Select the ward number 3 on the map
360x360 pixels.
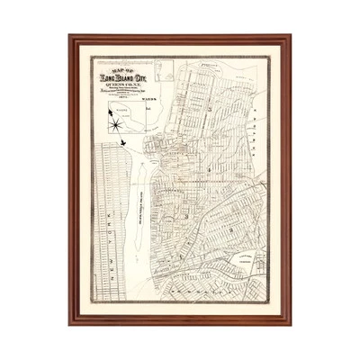(x=209, y=167)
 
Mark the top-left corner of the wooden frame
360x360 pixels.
(x=70, y=36)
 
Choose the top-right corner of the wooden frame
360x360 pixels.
(x=292, y=36)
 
